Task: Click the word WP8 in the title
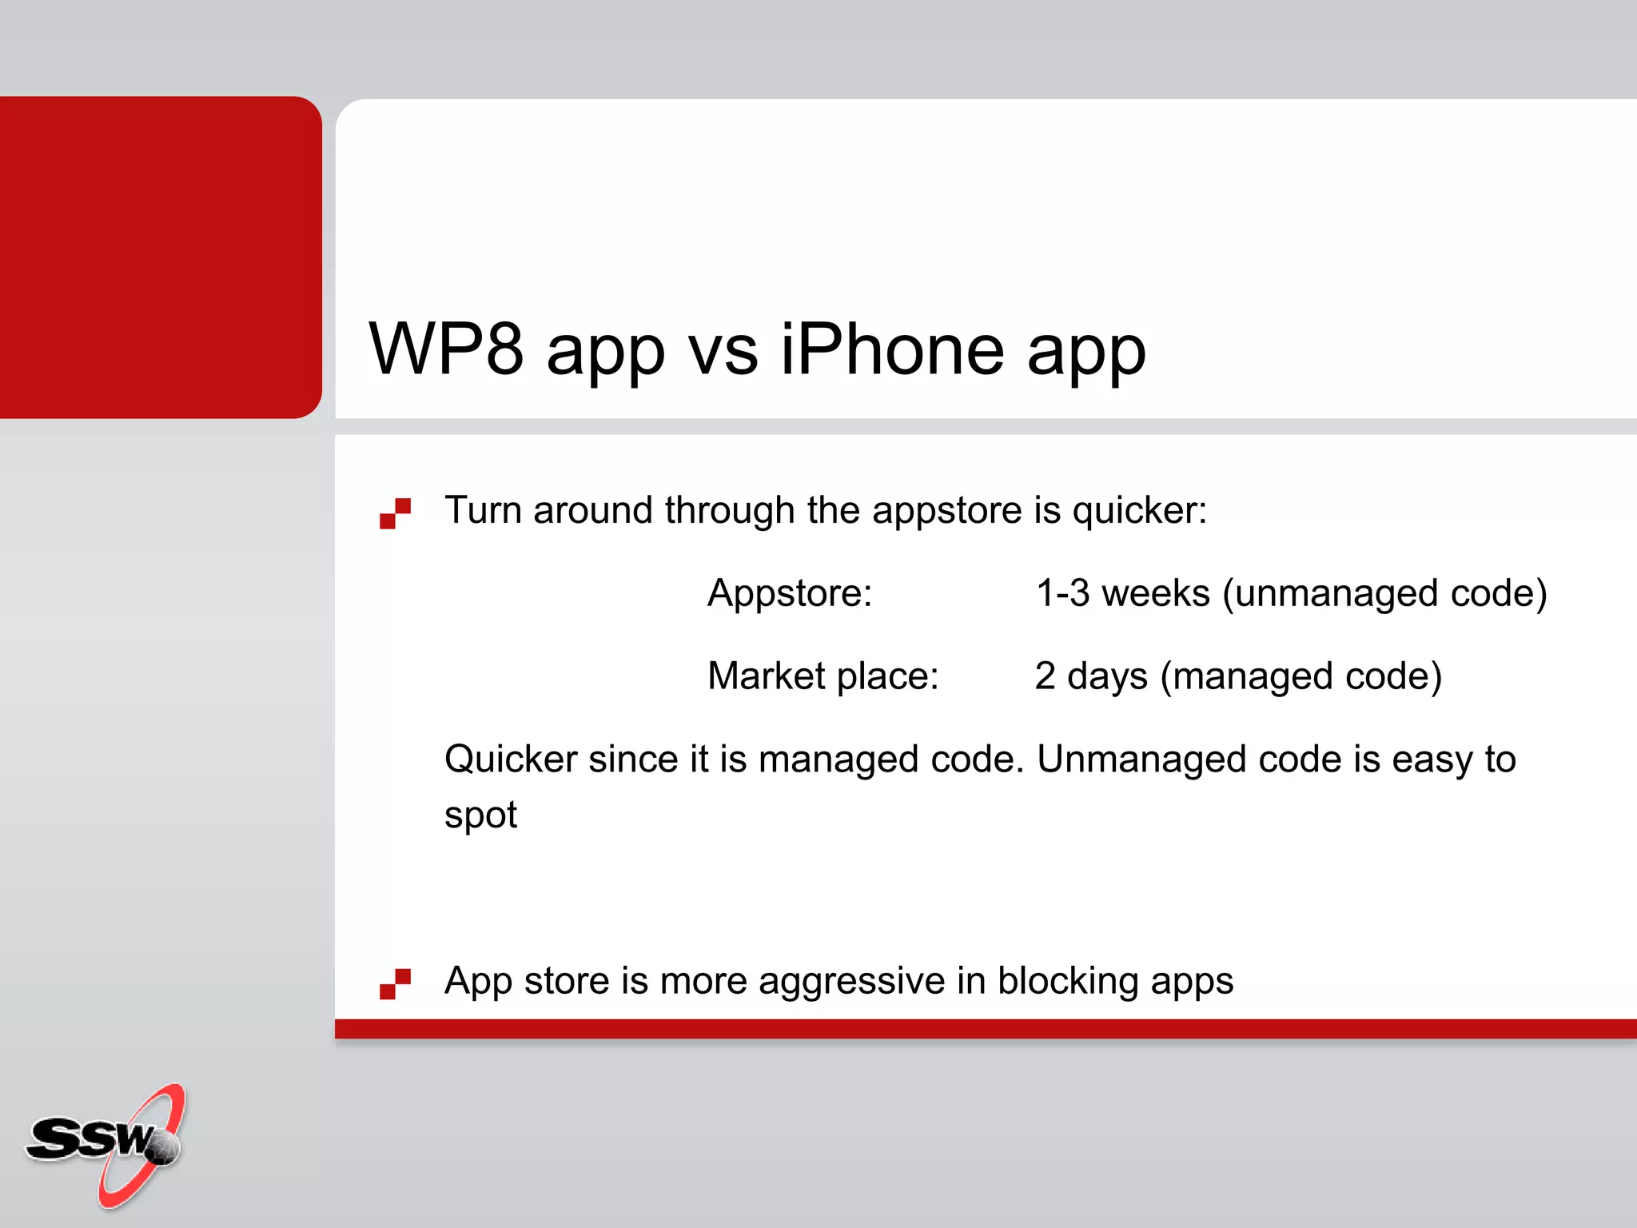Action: [446, 349]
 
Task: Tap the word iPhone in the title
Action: [892, 349]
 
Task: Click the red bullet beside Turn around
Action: [395, 513]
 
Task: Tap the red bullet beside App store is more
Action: [395, 983]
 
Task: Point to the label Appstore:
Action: [790, 593]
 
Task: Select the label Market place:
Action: [822, 676]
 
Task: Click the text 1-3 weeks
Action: [1122, 593]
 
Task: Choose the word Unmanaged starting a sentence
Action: [1141, 760]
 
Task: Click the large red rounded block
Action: [160, 256]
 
